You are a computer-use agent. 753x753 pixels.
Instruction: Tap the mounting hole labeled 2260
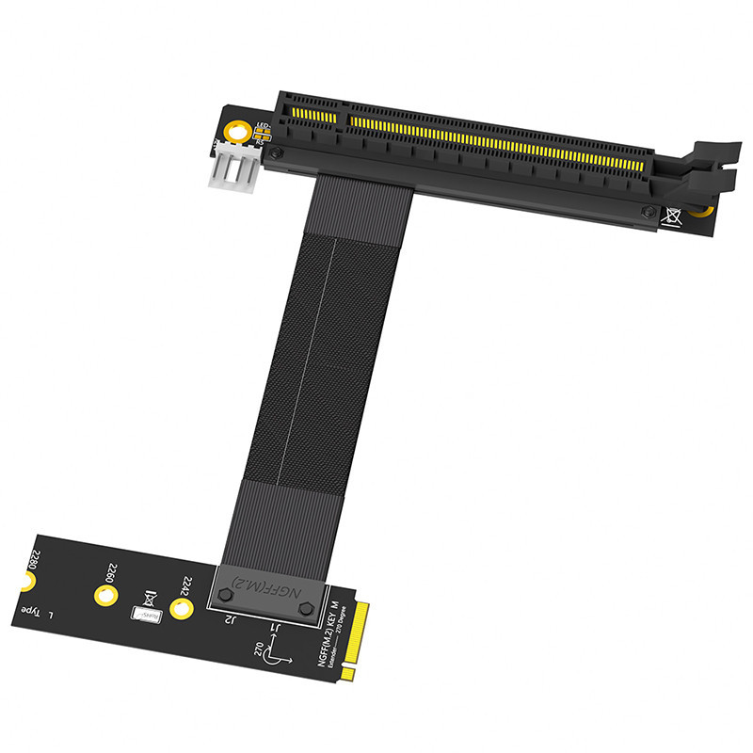click(103, 594)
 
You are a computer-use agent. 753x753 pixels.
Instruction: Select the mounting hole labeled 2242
click(180, 610)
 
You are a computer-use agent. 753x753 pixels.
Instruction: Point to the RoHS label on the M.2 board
click(146, 615)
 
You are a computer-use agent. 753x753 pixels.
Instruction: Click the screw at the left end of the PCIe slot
click(275, 152)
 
